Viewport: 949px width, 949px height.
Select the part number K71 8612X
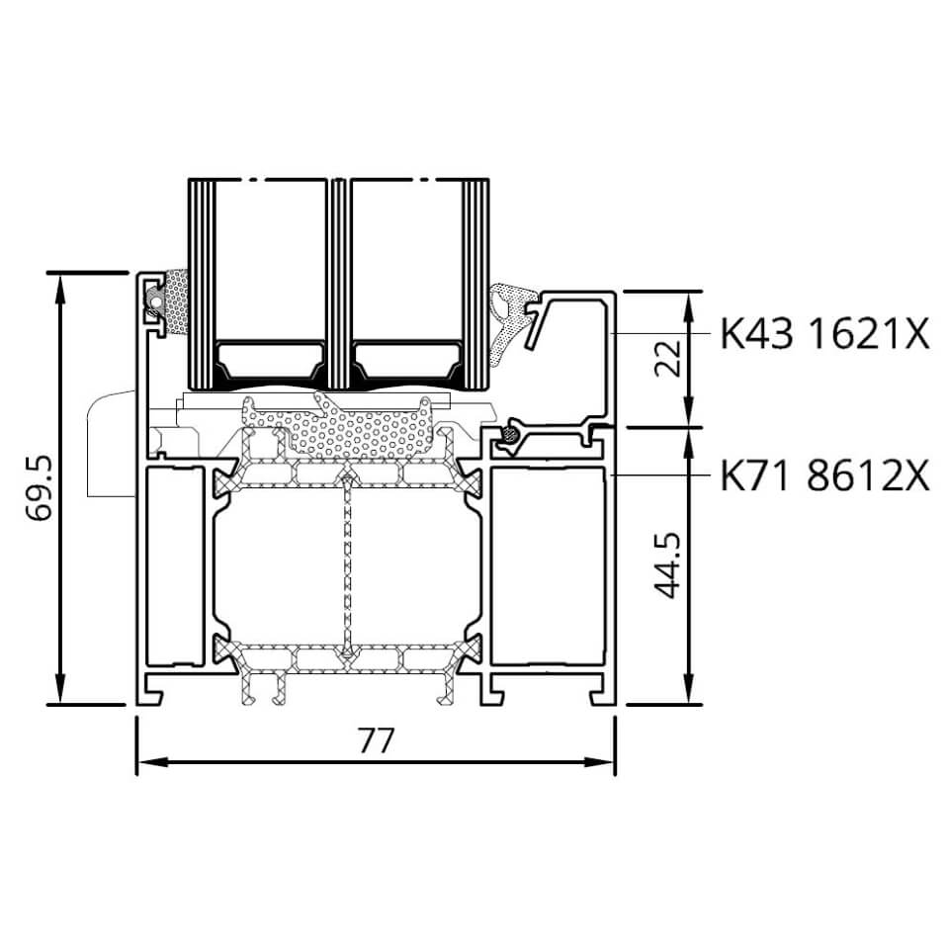click(824, 475)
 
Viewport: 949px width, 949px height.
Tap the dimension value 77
click(376, 740)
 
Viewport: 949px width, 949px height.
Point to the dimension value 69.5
click(41, 487)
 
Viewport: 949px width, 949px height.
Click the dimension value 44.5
click(668, 565)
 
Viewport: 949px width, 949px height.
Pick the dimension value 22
click(668, 358)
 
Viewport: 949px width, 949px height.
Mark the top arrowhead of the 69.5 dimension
click(59, 288)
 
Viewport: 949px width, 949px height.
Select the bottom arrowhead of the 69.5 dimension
click(59, 689)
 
